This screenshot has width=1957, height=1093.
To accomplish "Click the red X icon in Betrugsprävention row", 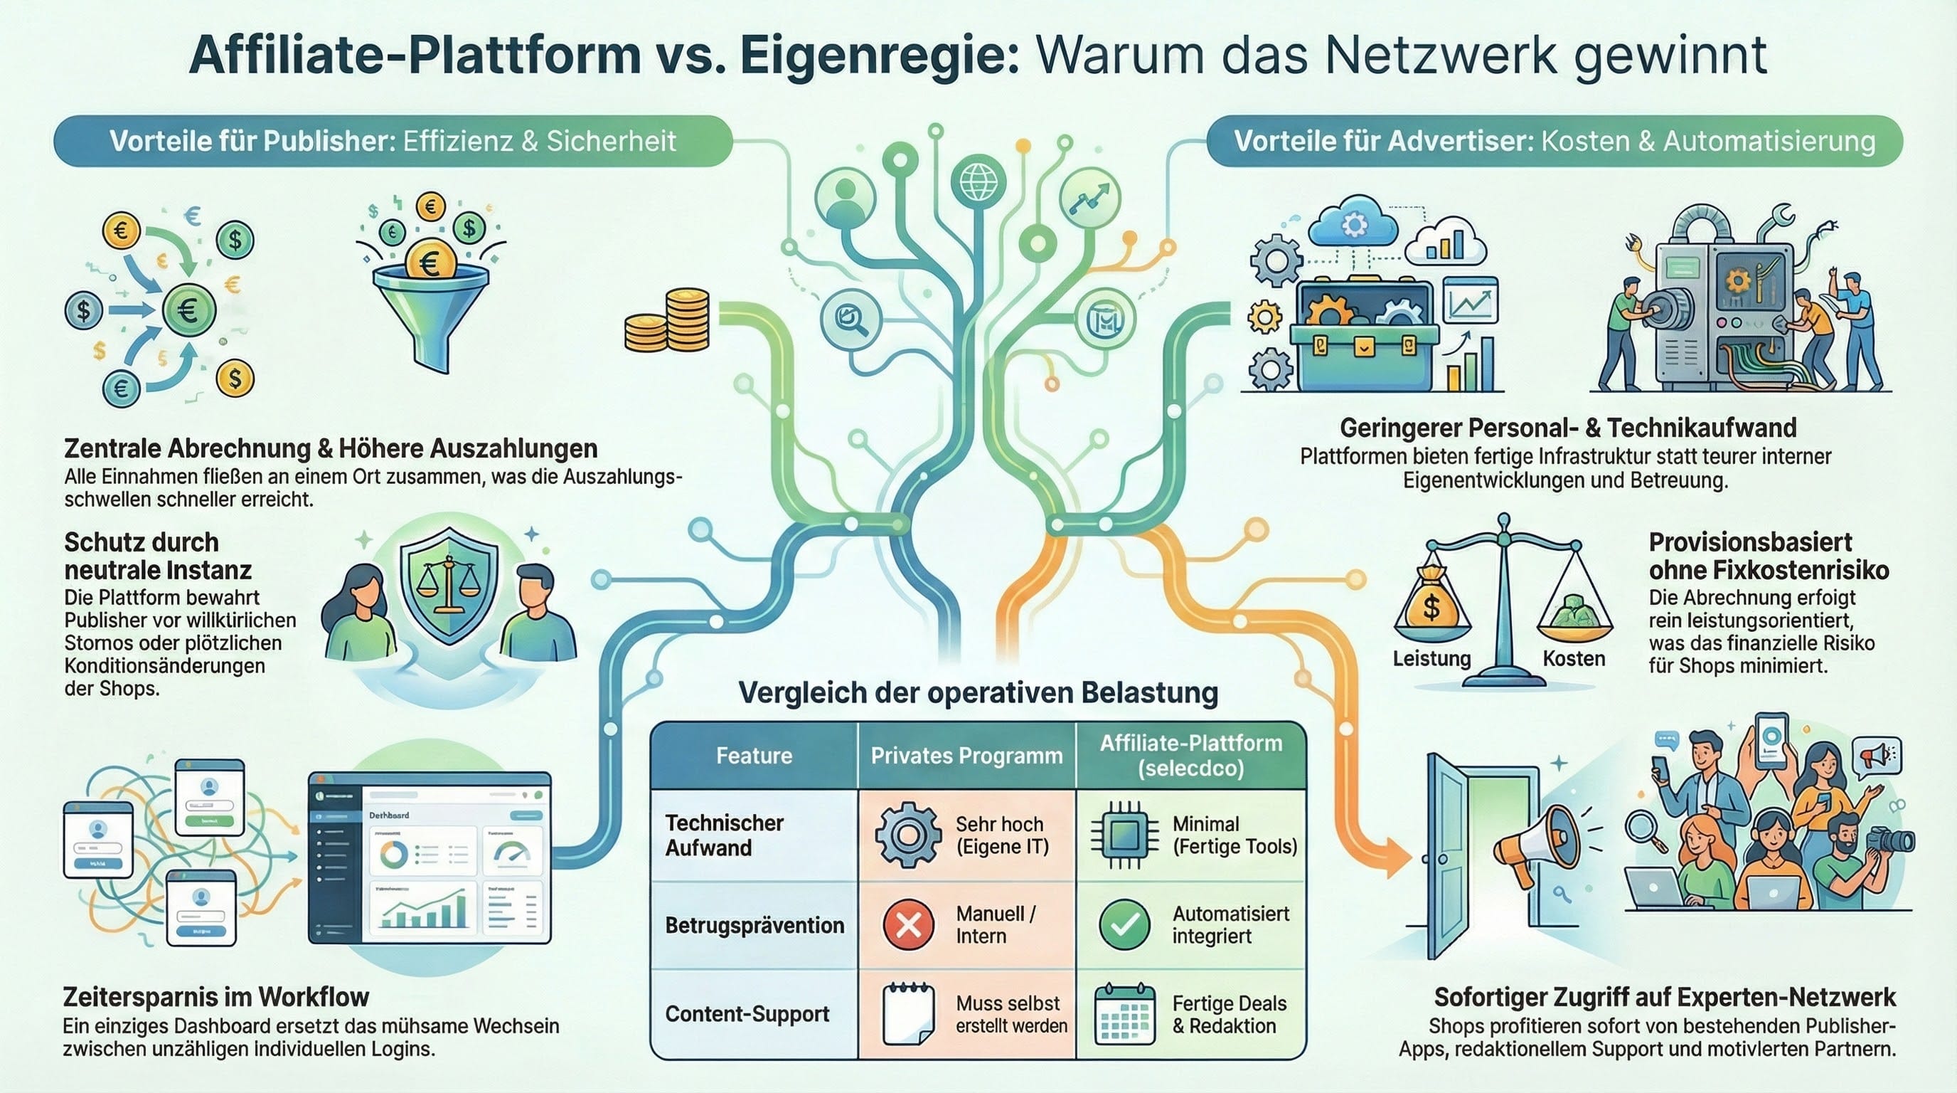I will click(x=909, y=924).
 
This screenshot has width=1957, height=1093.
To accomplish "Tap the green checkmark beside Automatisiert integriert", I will click(x=1124, y=924).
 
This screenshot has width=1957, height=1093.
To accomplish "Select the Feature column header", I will click(x=754, y=756).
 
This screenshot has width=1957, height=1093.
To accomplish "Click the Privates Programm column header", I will click(x=966, y=756).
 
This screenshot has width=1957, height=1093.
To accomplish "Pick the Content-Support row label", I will click(x=747, y=1014).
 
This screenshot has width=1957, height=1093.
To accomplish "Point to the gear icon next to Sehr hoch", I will click(x=907, y=835).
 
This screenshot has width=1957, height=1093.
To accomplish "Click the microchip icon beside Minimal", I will click(x=1124, y=835).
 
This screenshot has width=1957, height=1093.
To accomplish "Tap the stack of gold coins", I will click(x=668, y=322).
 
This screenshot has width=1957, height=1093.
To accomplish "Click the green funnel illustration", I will click(x=431, y=312).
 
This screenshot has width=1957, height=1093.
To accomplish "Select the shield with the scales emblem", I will click(x=449, y=587).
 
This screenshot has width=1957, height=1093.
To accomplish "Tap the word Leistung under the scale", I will click(x=1431, y=658).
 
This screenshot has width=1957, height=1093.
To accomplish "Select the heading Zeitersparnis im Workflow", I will click(x=215, y=996).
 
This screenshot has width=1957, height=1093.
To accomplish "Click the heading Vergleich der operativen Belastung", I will click(x=978, y=692).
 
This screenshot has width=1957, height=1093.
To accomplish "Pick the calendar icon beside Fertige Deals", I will click(x=1125, y=1014).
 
